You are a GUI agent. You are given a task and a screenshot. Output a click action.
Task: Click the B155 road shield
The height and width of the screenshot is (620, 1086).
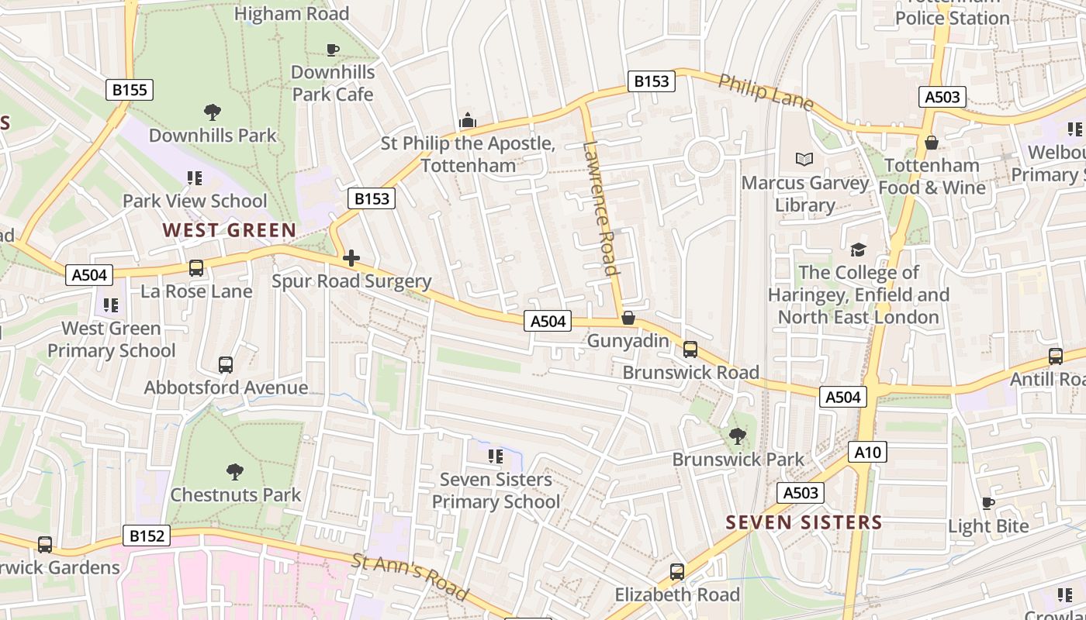pyautogui.click(x=130, y=90)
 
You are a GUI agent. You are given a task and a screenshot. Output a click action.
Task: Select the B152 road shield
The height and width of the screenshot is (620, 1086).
pyautogui.click(x=147, y=536)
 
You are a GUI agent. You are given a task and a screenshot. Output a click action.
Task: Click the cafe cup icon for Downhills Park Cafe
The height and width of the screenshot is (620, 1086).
pyautogui.click(x=333, y=50)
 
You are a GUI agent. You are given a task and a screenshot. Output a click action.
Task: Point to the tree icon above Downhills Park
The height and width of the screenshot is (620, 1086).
pyautogui.click(x=213, y=112)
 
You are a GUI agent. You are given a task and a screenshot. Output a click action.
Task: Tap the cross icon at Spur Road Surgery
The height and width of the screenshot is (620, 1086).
pyautogui.click(x=351, y=258)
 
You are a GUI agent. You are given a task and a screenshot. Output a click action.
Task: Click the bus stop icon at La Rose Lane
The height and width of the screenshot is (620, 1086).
pyautogui.click(x=196, y=268)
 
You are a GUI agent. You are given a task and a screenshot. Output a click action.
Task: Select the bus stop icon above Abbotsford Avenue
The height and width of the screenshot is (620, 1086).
pyautogui.click(x=226, y=364)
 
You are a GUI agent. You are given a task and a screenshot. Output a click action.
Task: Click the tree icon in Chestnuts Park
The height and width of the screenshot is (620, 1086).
pyautogui.click(x=235, y=472)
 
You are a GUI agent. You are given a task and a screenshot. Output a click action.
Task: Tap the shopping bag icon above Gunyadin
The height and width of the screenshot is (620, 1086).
pyautogui.click(x=628, y=319)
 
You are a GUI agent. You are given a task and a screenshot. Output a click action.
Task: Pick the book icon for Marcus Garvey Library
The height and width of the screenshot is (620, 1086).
pyautogui.click(x=805, y=160)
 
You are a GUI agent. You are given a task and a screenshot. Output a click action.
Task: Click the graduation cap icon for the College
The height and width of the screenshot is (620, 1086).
pyautogui.click(x=858, y=250)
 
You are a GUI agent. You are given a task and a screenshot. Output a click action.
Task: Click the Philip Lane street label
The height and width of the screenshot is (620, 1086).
pyautogui.click(x=765, y=92)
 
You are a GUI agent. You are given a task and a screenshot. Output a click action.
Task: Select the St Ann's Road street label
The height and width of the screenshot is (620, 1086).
pyautogui.click(x=410, y=577)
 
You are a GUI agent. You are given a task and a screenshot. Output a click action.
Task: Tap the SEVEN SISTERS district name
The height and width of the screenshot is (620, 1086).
pyautogui.click(x=804, y=522)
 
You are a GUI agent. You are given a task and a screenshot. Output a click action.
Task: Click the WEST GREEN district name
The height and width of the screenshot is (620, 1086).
pyautogui.click(x=230, y=230)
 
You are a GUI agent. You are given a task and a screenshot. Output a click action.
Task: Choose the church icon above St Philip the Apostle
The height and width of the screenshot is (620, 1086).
pyautogui.click(x=468, y=120)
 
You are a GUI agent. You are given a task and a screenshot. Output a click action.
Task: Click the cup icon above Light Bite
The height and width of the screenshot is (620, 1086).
pyautogui.click(x=987, y=504)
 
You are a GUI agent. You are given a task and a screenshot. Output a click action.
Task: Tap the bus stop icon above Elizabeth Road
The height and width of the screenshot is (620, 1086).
pyautogui.click(x=677, y=572)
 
